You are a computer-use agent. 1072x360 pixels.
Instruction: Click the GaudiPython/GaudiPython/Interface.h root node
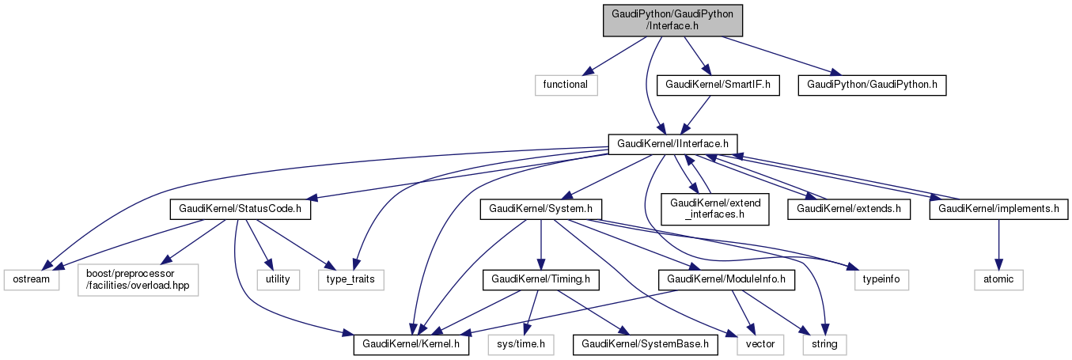coord(673,20)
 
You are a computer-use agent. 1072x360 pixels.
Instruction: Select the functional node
coord(565,84)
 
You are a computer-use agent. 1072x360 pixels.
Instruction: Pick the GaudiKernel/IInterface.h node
coord(673,144)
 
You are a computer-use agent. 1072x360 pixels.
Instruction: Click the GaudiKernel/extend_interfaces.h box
coord(715,209)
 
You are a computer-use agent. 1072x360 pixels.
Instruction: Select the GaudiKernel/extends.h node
coord(848,210)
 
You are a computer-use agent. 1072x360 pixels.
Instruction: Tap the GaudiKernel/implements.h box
coord(998,210)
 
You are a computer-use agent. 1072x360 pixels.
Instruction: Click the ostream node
coord(32,279)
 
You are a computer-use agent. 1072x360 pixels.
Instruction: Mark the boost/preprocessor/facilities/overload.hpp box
coord(138,279)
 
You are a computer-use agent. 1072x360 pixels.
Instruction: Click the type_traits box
coord(350,279)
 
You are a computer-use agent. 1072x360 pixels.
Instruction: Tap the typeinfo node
coord(881,279)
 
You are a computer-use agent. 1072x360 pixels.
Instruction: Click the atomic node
coord(998,279)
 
